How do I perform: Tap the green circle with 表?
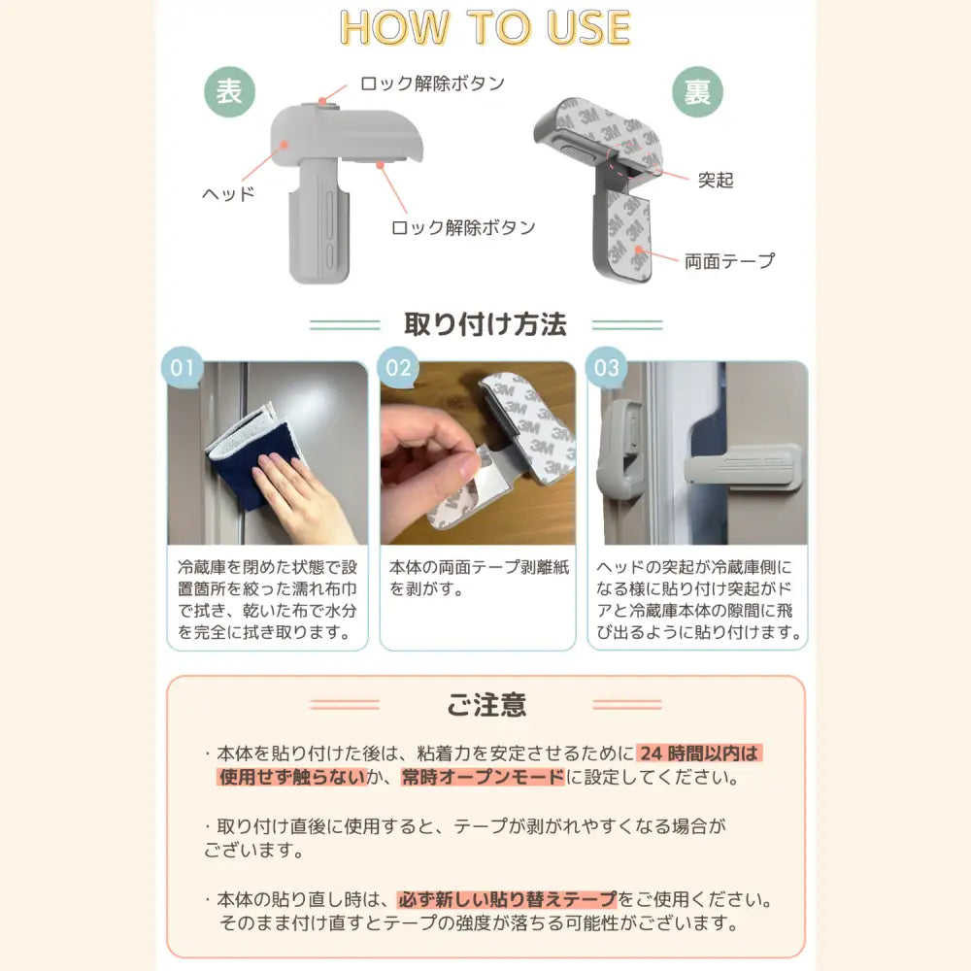coord(229,93)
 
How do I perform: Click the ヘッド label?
coord(228,193)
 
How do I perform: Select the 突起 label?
coord(717,180)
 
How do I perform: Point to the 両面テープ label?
coord(729,260)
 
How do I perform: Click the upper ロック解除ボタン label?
coord(433,84)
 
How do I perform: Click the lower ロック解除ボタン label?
coord(463,228)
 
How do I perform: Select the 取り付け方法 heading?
coord(485,323)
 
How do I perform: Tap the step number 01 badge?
coord(183,369)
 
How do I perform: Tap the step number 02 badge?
coord(399,369)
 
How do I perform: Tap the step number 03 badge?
coord(606,369)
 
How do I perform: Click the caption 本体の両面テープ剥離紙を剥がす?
coord(476,578)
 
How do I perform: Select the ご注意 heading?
coord(486,704)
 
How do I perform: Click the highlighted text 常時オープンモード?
coord(483,777)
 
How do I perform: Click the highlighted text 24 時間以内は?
coord(699,753)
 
